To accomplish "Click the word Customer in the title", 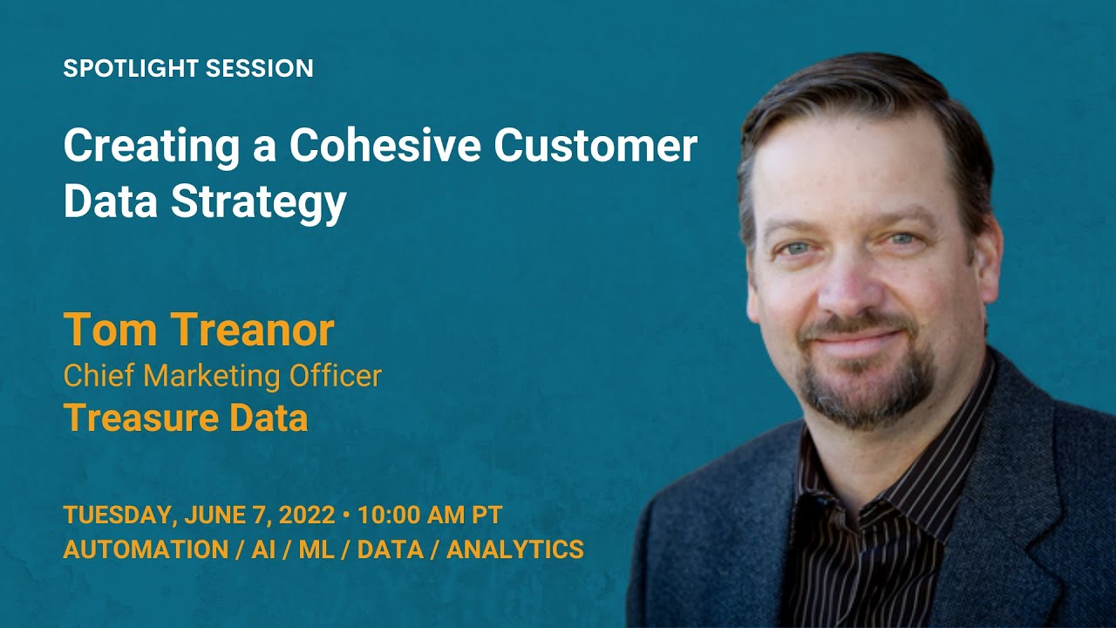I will [x=595, y=147].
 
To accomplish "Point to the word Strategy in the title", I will [x=259, y=201].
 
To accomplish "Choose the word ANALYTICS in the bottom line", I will [x=515, y=549].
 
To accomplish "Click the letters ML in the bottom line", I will [x=316, y=549].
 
